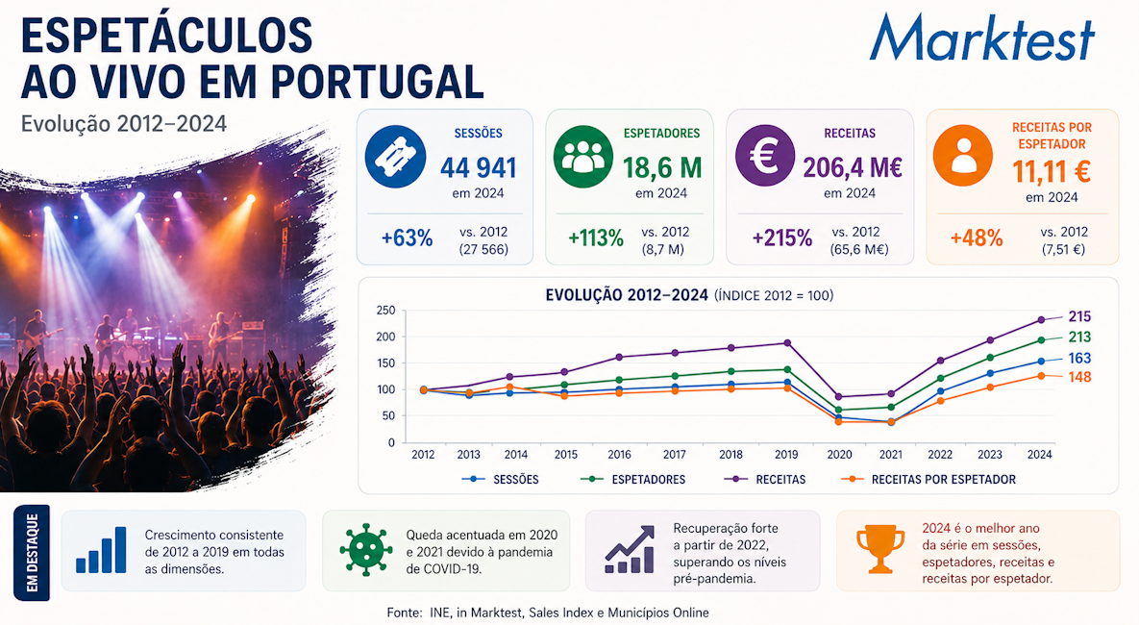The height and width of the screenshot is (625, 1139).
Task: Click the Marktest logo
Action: pyautogui.click(x=981, y=37)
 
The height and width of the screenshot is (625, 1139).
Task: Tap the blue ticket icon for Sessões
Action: pyautogui.click(x=395, y=156)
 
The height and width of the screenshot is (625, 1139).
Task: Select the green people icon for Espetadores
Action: pyautogui.click(x=583, y=156)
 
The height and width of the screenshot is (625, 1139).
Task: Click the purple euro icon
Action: pyautogui.click(x=765, y=156)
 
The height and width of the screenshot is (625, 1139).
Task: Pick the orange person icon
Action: pyautogui.click(x=963, y=156)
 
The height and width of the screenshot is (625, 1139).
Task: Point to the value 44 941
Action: pyautogui.click(x=478, y=168)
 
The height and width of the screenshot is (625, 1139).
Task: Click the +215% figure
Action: pyautogui.click(x=781, y=237)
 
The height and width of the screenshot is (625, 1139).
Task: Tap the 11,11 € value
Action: pyautogui.click(x=1052, y=172)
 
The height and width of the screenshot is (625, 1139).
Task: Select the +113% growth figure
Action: pyautogui.click(x=596, y=237)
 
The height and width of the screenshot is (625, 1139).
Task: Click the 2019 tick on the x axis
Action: pyautogui.click(x=786, y=455)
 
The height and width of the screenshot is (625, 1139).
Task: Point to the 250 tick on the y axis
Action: pyautogui.click(x=385, y=311)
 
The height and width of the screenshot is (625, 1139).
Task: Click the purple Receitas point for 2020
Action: pyautogui.click(x=839, y=397)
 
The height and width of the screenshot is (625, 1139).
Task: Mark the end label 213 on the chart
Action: pyautogui.click(x=1079, y=337)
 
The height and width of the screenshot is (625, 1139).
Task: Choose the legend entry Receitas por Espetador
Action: pyautogui.click(x=929, y=480)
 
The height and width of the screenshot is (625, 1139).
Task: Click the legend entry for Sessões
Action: pyautogui.click(x=501, y=480)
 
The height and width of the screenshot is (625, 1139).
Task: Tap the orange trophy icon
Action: pyautogui.click(x=880, y=549)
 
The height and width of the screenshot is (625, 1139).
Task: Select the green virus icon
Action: pyautogui.click(x=366, y=549)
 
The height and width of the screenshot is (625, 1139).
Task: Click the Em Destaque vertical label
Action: pyautogui.click(x=32, y=552)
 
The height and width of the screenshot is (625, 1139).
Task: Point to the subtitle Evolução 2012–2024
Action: pyautogui.click(x=123, y=124)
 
